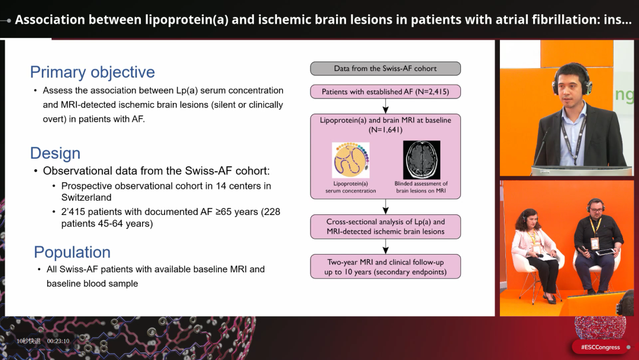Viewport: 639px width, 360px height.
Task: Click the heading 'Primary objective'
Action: [x=92, y=72]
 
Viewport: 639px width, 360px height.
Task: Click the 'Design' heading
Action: [x=55, y=153]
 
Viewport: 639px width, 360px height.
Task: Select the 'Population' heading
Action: [x=72, y=252]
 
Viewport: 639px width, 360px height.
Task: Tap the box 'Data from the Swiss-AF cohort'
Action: [x=386, y=69]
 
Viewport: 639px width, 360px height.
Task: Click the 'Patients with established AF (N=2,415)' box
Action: [x=386, y=92]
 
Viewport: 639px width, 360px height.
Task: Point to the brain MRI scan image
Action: [x=421, y=160]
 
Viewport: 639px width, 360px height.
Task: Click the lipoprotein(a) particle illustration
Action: [x=351, y=160]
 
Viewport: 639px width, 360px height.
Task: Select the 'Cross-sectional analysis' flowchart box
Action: [x=386, y=227]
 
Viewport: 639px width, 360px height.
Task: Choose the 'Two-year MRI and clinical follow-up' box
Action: [x=386, y=266]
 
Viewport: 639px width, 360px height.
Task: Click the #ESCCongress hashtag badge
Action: [x=601, y=348]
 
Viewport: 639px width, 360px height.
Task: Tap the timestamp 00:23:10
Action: [x=58, y=341]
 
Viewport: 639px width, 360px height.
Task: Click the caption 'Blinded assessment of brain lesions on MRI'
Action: [x=421, y=187]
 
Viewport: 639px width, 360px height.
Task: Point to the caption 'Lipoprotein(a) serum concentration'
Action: [x=350, y=187]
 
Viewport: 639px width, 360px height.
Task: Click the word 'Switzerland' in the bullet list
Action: [x=86, y=197]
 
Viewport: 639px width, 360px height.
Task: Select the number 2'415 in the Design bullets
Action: [x=73, y=212]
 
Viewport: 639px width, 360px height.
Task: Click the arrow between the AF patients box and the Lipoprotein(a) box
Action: [x=386, y=106]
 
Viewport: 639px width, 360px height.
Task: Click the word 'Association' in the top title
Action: [x=50, y=20]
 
